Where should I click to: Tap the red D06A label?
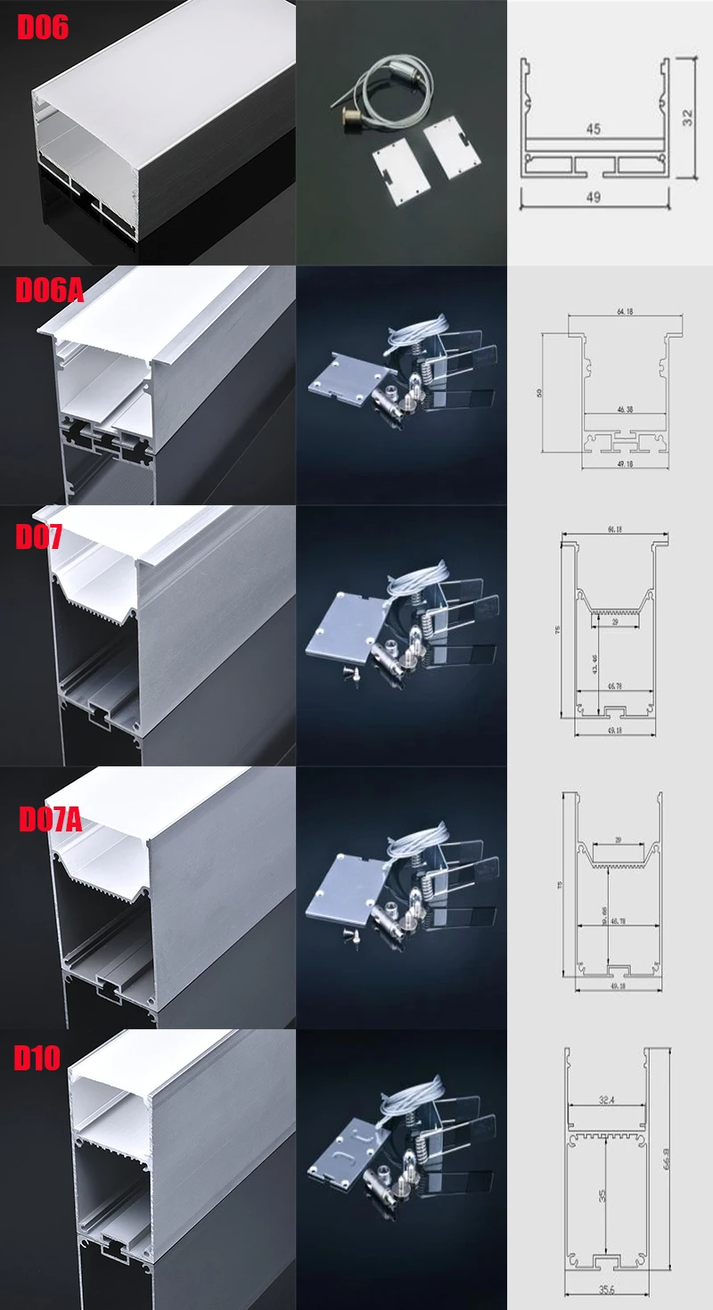coord(50,290)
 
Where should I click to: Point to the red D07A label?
coord(50,818)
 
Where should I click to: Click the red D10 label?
coord(37,1058)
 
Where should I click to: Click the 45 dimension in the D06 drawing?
coord(593,128)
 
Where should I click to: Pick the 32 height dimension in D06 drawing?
coord(687,117)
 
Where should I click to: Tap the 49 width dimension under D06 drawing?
coord(593,196)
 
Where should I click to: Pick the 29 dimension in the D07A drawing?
coord(618,839)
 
